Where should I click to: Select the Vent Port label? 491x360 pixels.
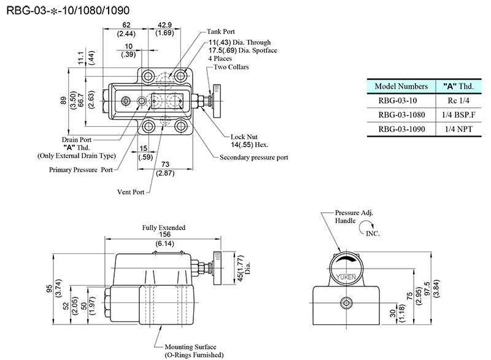tap(131, 192)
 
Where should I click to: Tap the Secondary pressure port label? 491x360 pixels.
tap(253, 158)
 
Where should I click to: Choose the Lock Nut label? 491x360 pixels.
tap(243, 137)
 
